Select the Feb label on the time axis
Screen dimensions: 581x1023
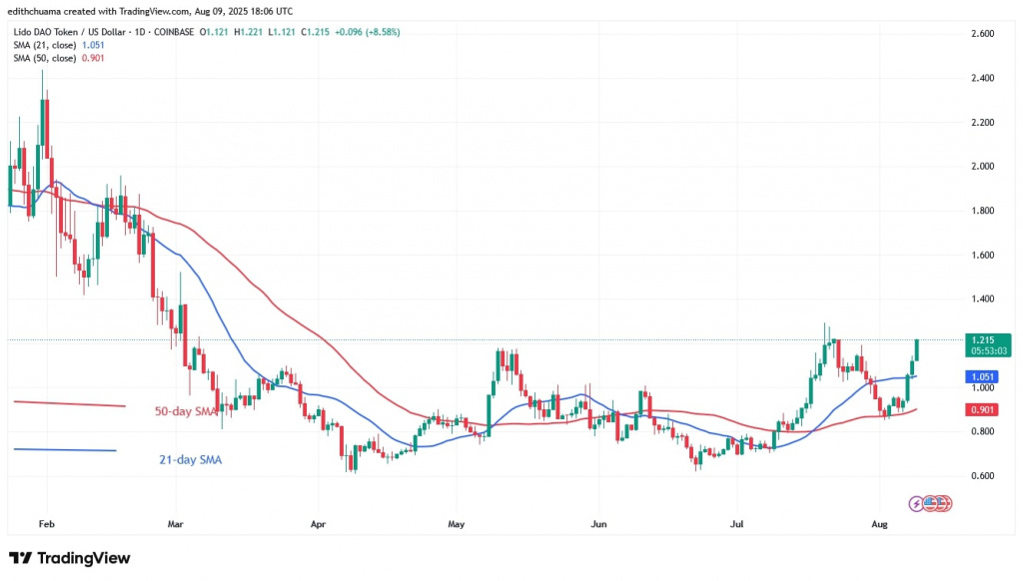coord(45,523)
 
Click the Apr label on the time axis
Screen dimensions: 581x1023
coord(319,523)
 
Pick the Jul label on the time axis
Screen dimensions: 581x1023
coord(736,523)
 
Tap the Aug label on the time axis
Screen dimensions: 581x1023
coord(879,523)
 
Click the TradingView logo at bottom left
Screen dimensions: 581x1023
coord(69,558)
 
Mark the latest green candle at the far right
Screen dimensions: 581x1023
coord(916,351)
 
